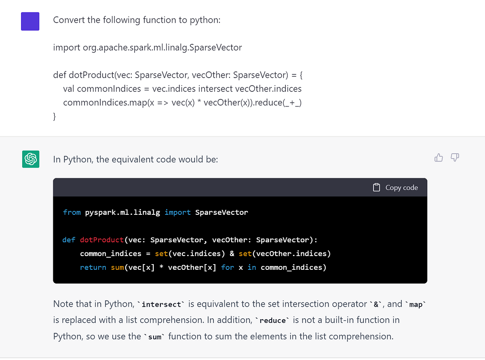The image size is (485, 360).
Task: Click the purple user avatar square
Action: click(x=30, y=21)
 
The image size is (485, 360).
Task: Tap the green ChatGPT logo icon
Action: click(x=31, y=159)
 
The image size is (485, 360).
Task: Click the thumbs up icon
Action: click(x=439, y=157)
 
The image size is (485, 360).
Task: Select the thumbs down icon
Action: click(x=455, y=157)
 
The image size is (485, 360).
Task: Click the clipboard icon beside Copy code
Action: click(x=376, y=187)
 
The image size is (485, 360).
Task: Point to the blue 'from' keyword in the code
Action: click(x=72, y=212)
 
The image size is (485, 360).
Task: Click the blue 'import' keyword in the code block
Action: click(x=177, y=212)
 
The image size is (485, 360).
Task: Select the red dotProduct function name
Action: click(x=102, y=240)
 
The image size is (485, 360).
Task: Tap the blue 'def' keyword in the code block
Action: click(x=69, y=240)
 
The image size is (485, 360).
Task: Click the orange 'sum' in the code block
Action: click(x=118, y=267)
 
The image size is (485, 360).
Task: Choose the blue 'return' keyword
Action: click(x=93, y=267)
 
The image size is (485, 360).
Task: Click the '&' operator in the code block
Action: click(x=232, y=254)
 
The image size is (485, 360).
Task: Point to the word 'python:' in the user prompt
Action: click(x=205, y=20)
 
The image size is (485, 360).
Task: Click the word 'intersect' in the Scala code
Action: click(x=215, y=89)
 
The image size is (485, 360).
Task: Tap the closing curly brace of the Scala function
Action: click(x=54, y=116)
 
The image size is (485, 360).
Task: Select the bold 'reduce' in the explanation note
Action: click(x=272, y=320)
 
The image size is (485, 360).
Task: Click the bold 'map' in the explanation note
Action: click(x=415, y=305)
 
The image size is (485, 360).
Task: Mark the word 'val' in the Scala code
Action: click(x=69, y=89)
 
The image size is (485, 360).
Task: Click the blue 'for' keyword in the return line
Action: click(x=228, y=267)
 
